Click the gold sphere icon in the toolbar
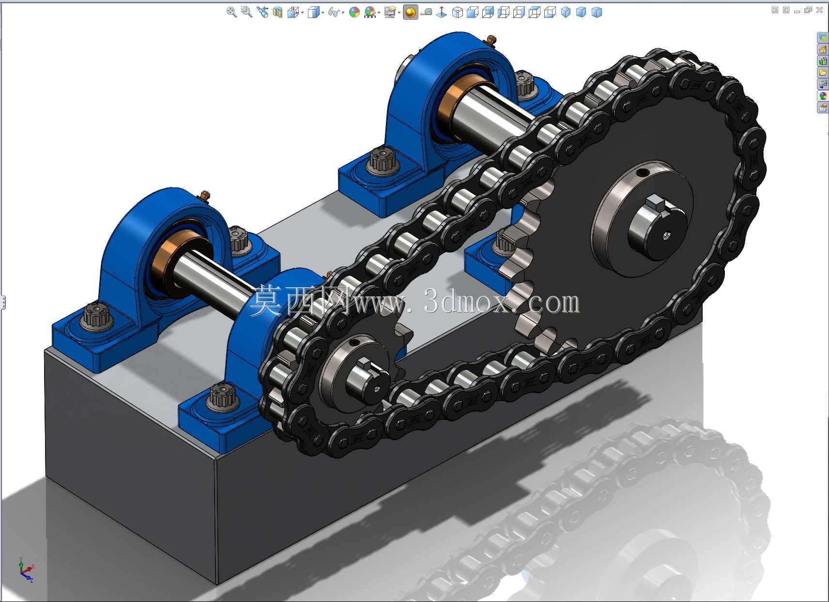(x=410, y=13)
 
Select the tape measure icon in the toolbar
(x=427, y=13)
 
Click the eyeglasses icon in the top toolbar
(x=334, y=13)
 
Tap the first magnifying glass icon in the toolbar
(x=231, y=12)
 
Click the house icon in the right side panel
(x=823, y=49)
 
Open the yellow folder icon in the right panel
(x=823, y=73)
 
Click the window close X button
(x=819, y=10)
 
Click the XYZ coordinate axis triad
(x=26, y=570)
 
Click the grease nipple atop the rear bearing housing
(x=491, y=40)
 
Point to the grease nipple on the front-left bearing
(x=205, y=196)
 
